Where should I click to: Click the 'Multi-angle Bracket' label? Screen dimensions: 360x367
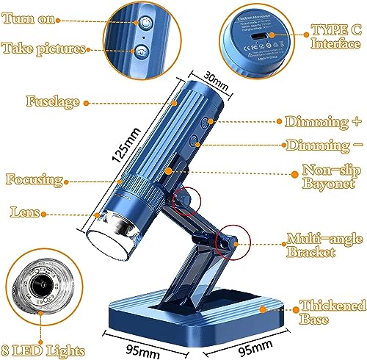[x=319, y=246]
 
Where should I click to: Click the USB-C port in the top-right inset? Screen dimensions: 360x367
[x=257, y=35]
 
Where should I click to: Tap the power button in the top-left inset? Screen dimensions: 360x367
[x=145, y=23]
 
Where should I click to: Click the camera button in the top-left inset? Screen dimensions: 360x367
[x=140, y=51]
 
